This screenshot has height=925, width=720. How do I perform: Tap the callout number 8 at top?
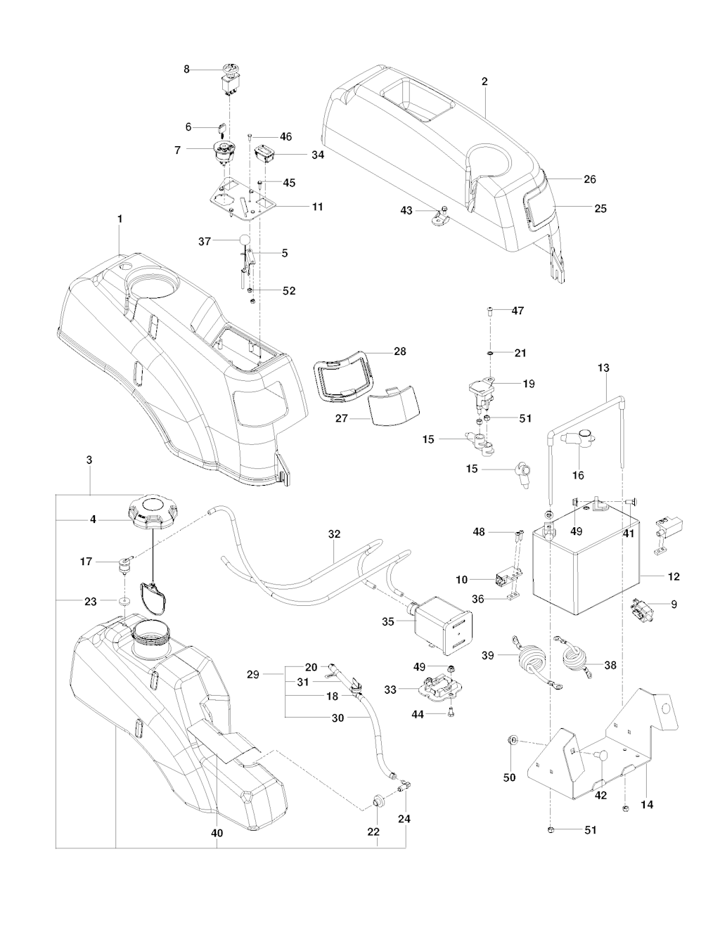point(186,70)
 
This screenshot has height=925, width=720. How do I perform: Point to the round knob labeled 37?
point(244,240)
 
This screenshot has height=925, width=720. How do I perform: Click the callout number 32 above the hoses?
point(334,534)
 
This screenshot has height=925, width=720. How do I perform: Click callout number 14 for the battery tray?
point(647,804)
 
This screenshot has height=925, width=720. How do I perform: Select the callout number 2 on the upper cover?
point(484,82)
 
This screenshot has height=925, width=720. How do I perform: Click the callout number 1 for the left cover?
point(120,219)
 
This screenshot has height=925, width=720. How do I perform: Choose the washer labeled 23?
point(124,601)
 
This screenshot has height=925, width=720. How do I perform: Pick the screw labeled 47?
point(489,309)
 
